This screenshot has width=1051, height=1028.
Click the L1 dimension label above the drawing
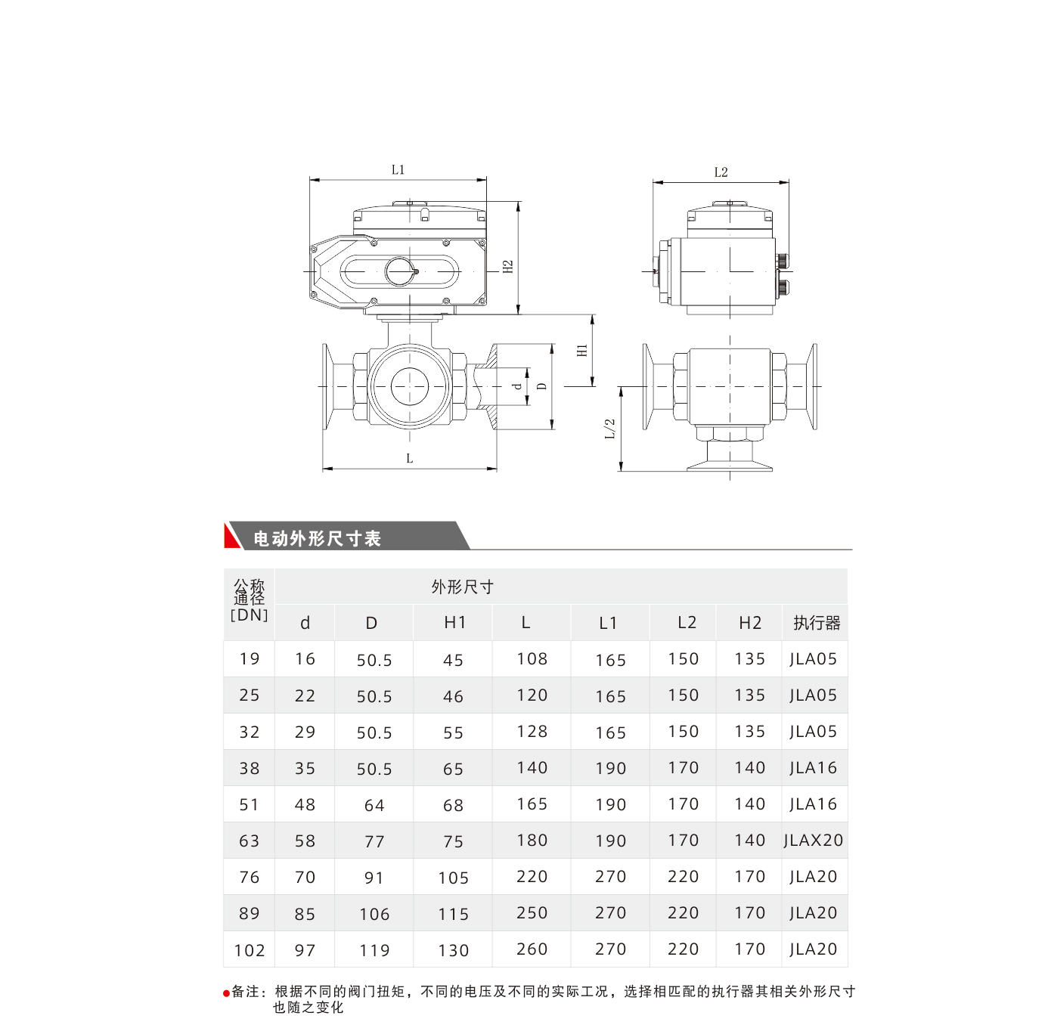[398, 170]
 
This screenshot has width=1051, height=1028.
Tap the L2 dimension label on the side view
[721, 172]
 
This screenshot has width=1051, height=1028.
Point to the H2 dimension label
[508, 267]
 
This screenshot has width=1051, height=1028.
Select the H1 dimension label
[582, 351]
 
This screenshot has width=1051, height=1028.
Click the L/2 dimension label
[610, 429]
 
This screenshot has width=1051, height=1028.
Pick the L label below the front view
[409, 458]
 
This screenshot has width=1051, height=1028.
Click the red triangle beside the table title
[232, 536]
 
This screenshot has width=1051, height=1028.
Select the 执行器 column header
[817, 623]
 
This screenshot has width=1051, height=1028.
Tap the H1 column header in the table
[454, 623]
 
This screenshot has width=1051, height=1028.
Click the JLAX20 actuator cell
[813, 841]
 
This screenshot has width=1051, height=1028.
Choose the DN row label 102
[250, 950]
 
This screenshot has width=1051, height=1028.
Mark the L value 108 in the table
[532, 659]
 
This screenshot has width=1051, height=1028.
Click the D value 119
[374, 950]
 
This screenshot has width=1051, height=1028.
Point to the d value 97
[305, 950]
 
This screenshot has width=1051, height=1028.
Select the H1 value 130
[454, 950]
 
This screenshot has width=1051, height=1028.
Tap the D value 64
[374, 805]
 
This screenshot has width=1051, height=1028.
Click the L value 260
[532, 949]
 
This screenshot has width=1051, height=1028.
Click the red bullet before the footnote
[226, 993]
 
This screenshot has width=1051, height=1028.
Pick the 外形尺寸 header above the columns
[462, 587]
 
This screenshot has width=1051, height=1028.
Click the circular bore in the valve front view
[410, 387]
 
